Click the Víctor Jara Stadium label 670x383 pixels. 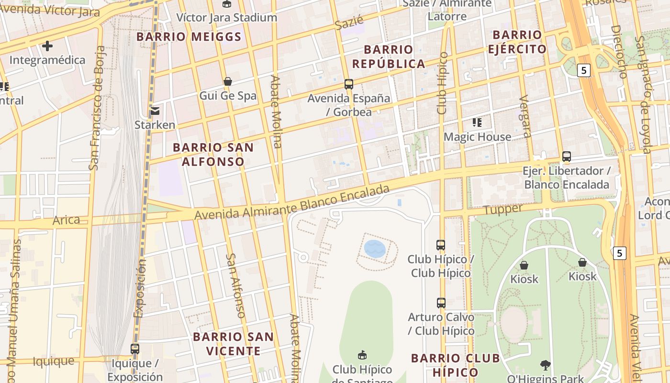coord(226,17)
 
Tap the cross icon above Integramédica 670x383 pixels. coord(47,46)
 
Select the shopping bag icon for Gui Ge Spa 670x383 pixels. coord(228,81)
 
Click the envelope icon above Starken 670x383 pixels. coord(155,111)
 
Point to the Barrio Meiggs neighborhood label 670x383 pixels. coord(189,37)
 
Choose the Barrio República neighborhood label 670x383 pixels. coord(388,56)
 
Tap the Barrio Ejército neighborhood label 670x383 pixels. coord(517,42)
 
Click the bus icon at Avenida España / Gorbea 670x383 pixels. coord(349,84)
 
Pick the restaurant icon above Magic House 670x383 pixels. coord(477,123)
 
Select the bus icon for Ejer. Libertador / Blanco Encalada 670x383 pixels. coord(567,157)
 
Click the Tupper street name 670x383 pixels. coord(502,210)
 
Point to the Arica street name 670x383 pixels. coord(66,220)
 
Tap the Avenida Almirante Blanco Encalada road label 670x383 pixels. coord(292,204)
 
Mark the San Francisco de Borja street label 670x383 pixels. coord(97,108)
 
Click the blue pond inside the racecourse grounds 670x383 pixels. coord(374,249)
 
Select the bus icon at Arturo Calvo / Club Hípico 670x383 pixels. coord(441,303)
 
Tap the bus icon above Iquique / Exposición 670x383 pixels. coord(135,349)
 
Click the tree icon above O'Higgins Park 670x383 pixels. coord(545,365)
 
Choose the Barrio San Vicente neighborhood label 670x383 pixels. coord(233,344)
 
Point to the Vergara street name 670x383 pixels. coord(525,116)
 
